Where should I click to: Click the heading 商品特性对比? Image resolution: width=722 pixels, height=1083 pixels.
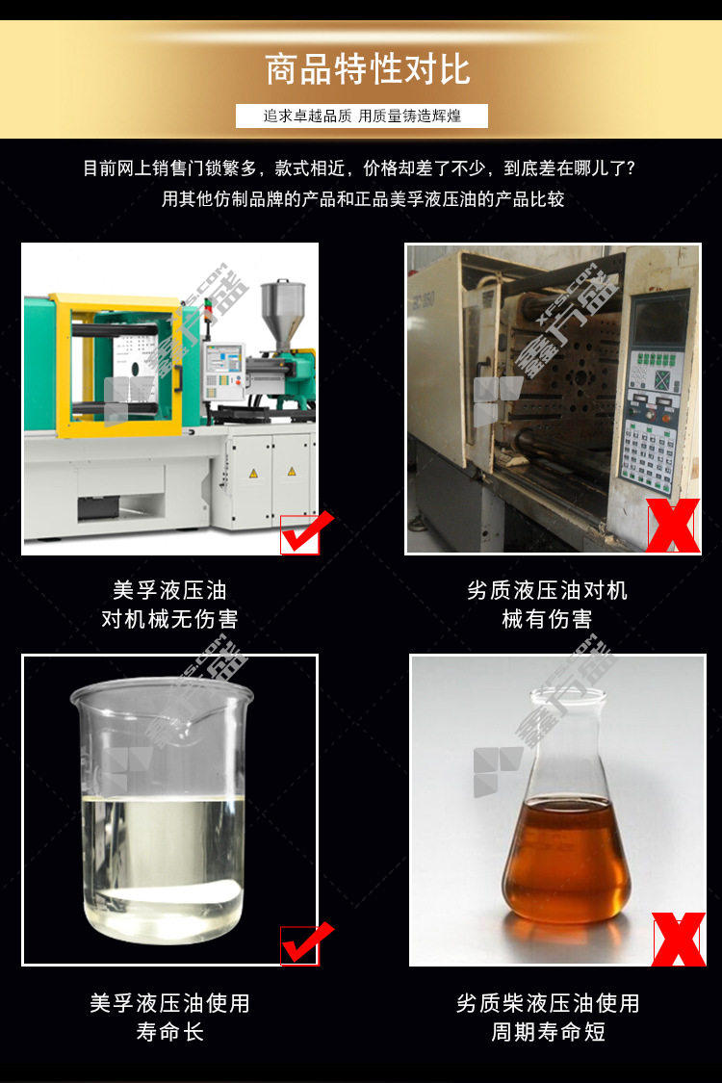tap(368, 69)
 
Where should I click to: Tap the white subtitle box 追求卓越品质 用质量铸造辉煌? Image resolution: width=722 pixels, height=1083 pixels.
tap(361, 116)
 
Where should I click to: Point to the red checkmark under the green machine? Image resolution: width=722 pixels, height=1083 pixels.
tap(307, 531)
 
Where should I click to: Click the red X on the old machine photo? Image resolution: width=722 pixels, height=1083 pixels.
tap(673, 525)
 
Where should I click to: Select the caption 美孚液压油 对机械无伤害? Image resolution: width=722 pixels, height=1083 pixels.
tap(170, 605)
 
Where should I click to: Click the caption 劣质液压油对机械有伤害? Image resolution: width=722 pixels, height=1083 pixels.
tap(547, 605)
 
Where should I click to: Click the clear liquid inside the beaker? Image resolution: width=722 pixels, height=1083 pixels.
tap(164, 865)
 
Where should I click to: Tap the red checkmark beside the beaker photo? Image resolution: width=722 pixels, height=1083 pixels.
tap(307, 942)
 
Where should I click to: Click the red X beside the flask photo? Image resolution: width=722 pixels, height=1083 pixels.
tap(680, 940)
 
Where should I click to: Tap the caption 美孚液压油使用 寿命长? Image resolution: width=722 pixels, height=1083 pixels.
tap(170, 1017)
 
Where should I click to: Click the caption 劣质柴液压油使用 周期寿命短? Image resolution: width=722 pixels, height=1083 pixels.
tap(548, 1017)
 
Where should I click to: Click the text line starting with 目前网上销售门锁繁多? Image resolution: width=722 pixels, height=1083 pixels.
tap(359, 168)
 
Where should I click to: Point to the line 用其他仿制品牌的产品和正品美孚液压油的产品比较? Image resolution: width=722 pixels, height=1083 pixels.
tap(363, 199)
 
